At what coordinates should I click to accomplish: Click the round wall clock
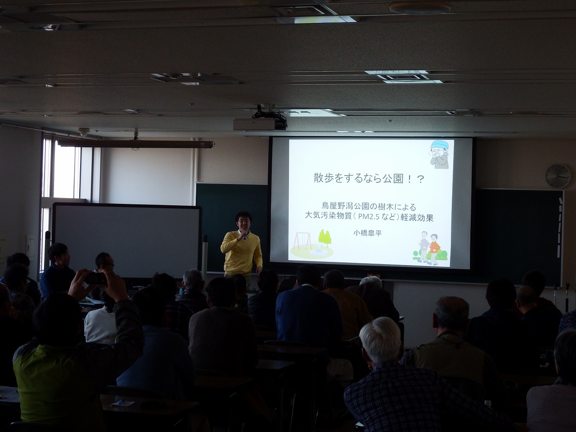[558, 176]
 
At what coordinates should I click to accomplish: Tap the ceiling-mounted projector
[259, 124]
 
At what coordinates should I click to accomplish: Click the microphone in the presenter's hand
[244, 235]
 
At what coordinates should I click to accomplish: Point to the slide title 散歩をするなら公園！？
[369, 179]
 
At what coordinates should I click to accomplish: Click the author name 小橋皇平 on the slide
[367, 233]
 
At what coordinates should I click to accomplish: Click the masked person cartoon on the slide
[440, 154]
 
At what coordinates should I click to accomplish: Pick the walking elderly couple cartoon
[429, 248]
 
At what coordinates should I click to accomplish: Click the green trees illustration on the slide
[324, 238]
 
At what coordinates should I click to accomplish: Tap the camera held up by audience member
[96, 278]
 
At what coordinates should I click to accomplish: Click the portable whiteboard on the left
[127, 240]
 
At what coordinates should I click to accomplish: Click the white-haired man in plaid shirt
[409, 378]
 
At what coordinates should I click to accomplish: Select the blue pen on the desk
[121, 401]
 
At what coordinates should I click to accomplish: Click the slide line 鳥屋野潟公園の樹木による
[369, 207]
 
